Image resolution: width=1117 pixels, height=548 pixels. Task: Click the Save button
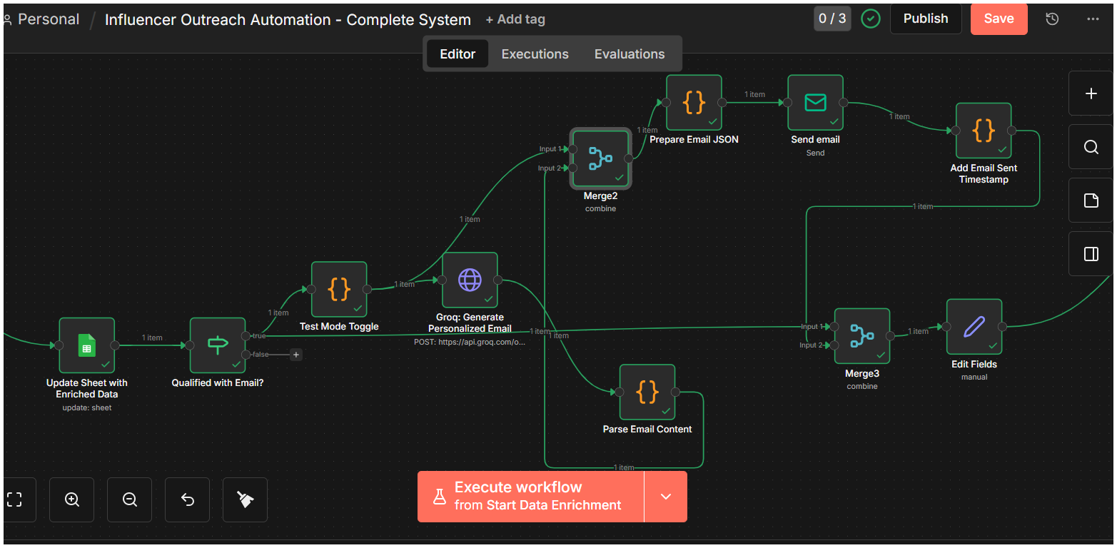click(x=999, y=19)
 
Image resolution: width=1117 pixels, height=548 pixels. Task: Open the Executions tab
click(x=535, y=54)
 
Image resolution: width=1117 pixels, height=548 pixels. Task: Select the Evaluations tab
click(x=630, y=54)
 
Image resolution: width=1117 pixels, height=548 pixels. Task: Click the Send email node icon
click(x=815, y=103)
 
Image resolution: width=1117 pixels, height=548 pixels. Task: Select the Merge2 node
click(x=600, y=158)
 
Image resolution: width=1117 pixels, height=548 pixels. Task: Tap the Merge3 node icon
click(x=861, y=335)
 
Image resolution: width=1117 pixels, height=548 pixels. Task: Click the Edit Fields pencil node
click(x=974, y=327)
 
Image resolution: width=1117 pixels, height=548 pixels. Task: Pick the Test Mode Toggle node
click(x=339, y=289)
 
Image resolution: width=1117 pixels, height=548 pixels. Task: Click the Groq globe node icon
click(x=470, y=280)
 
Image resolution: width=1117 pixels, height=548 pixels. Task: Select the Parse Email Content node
click(x=647, y=392)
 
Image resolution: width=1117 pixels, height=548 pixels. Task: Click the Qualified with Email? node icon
click(x=218, y=345)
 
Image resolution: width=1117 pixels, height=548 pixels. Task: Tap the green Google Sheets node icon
click(x=87, y=345)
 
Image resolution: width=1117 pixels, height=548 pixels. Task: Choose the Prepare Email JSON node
click(x=694, y=103)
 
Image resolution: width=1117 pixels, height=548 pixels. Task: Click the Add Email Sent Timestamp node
click(x=984, y=131)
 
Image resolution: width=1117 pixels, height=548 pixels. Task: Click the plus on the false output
click(x=295, y=355)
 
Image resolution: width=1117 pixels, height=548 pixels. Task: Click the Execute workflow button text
click(x=537, y=496)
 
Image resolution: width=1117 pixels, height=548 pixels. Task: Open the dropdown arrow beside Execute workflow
click(x=666, y=497)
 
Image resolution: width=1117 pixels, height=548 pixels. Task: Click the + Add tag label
click(x=515, y=19)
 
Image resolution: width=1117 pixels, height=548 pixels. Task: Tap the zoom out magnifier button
click(x=130, y=499)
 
